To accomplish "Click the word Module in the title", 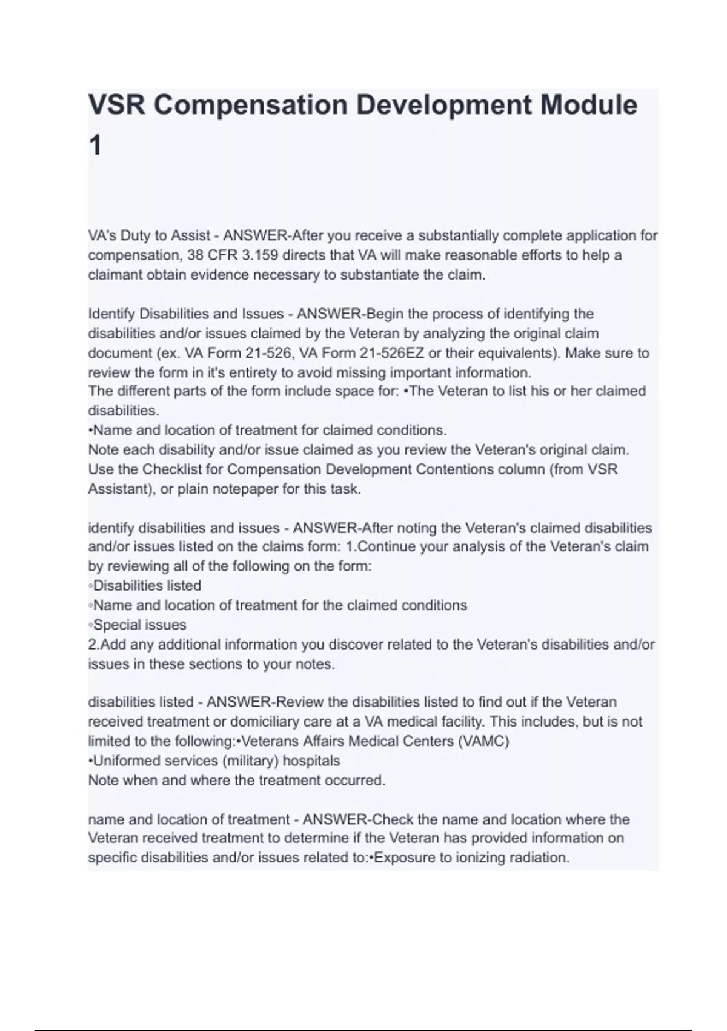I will tap(588, 105).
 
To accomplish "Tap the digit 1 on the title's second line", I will tap(95, 146).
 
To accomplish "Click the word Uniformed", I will tap(125, 761).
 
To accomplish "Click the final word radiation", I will tap(538, 858).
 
